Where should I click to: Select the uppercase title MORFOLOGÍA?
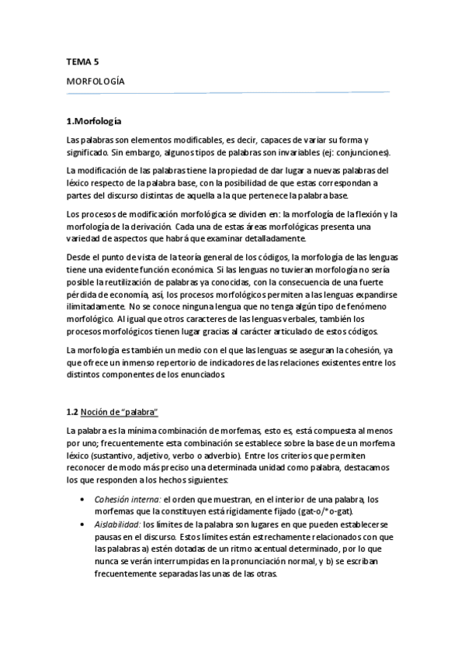[x=96, y=81]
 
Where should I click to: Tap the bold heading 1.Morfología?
[x=94, y=121]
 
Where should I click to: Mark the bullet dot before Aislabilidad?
[x=83, y=525]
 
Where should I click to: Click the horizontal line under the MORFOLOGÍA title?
[x=228, y=93]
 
